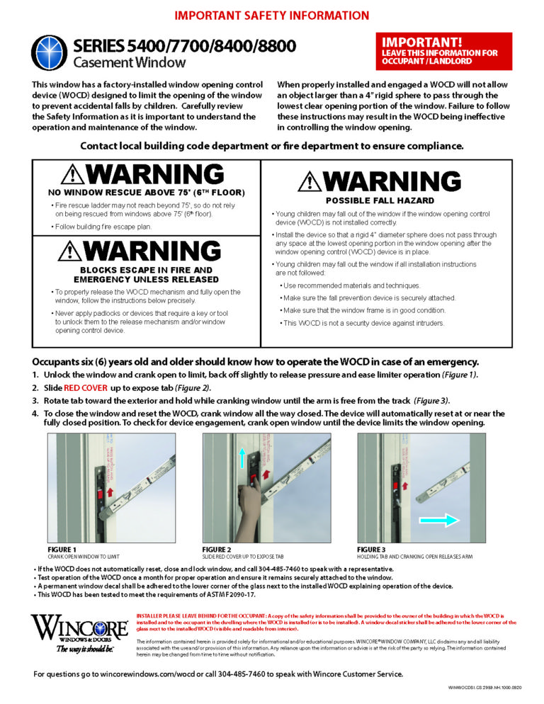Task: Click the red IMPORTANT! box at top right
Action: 443,51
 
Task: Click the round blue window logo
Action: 49,53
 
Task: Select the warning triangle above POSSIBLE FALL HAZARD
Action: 307,182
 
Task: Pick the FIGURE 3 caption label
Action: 372,550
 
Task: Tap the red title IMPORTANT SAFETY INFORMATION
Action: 272,15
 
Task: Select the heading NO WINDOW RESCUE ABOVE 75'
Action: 147,193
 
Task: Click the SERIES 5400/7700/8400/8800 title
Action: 184,47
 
